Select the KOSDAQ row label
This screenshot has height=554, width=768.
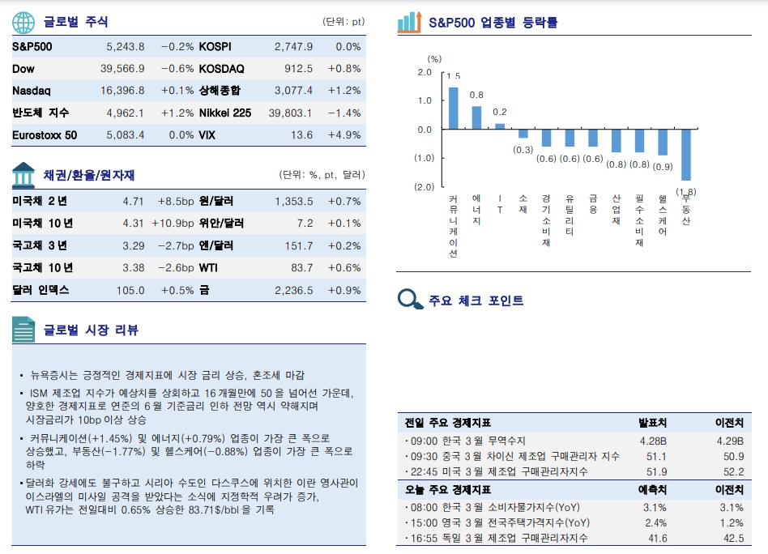[221, 69]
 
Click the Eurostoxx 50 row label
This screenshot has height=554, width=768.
[45, 135]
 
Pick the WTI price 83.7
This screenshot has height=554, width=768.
[301, 268]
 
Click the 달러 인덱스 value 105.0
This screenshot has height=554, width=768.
[130, 290]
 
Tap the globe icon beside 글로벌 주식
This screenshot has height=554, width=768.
[23, 22]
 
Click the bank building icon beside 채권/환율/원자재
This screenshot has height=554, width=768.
[23, 174]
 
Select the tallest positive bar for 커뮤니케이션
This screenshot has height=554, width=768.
[454, 108]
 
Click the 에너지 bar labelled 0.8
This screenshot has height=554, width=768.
[476, 117]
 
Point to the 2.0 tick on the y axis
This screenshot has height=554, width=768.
[424, 73]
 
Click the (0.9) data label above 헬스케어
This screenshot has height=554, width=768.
[663, 167]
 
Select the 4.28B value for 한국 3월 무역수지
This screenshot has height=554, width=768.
[653, 441]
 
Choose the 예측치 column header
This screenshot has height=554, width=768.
[653, 489]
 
